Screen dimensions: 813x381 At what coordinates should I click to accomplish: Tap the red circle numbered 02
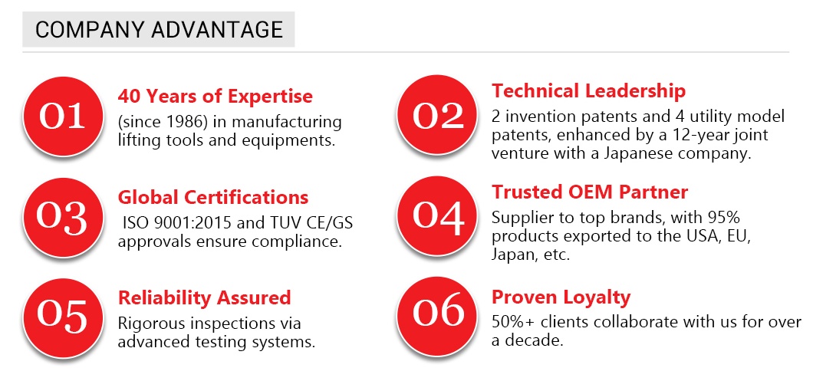point(436,114)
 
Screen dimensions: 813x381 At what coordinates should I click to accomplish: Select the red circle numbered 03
point(62,217)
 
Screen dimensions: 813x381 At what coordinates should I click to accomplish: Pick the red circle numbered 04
point(436,215)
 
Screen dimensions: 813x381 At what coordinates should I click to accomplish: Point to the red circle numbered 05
point(62,317)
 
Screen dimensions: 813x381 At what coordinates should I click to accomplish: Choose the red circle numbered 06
point(436,316)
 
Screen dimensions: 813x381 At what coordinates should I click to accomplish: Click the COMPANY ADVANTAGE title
point(159,30)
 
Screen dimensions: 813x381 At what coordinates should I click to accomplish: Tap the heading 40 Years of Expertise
point(216,96)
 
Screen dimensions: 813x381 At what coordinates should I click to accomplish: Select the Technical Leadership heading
point(588,90)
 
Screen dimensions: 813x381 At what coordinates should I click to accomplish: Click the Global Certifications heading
point(213,198)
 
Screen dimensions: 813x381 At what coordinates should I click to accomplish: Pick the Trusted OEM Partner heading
point(590,192)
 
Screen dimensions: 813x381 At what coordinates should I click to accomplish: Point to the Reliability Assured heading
point(204,298)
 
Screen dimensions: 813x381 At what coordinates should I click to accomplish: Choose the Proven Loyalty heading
point(561,297)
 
